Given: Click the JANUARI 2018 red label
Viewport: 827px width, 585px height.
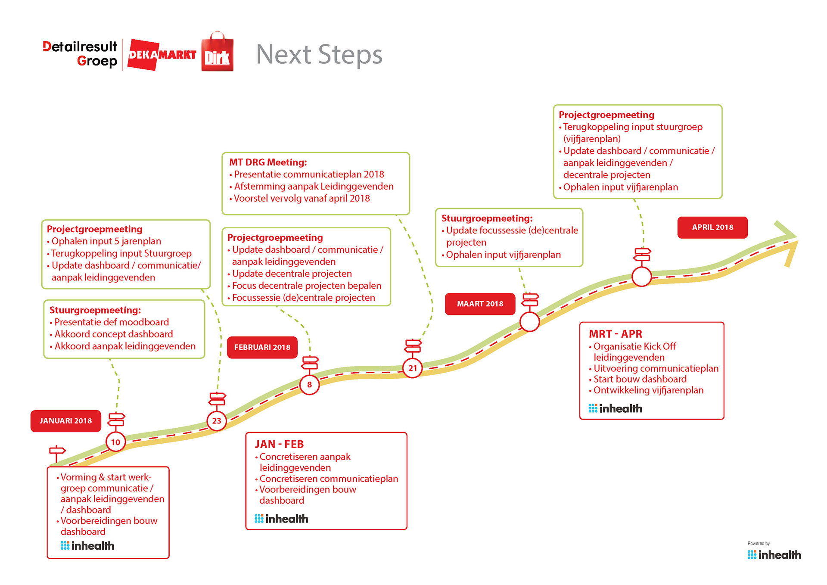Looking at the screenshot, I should click(x=65, y=421).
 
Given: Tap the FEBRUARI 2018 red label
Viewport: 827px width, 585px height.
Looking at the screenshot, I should click(x=262, y=347).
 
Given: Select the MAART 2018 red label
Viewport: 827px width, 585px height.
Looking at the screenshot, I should click(x=480, y=304).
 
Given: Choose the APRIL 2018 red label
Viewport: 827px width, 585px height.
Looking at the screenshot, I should click(x=712, y=227).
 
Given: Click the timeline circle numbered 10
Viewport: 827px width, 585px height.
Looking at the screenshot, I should click(x=115, y=442).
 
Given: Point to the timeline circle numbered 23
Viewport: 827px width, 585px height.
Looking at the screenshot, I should click(x=216, y=420).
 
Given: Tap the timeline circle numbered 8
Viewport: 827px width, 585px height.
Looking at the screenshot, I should click(x=309, y=385).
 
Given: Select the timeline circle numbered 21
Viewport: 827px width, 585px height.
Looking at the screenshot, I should click(x=412, y=368).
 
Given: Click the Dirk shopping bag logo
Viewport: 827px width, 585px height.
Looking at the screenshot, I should click(x=218, y=53).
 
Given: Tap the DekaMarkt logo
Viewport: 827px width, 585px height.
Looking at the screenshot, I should click(x=162, y=55).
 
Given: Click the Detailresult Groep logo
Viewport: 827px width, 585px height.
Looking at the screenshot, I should click(x=80, y=53).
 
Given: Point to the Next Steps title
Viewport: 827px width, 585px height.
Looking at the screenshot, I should click(x=319, y=55).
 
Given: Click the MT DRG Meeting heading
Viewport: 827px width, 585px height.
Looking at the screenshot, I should click(x=268, y=162).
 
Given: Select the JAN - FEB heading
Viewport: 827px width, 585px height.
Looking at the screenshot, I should click(x=279, y=444).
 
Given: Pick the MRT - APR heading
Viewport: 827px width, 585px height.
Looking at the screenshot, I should click(x=615, y=334).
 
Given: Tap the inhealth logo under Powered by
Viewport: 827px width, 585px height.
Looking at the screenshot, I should click(x=774, y=555).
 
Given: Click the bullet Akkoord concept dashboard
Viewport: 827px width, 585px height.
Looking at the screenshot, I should click(x=114, y=334).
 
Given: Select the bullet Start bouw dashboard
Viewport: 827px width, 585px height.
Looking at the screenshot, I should click(x=640, y=379).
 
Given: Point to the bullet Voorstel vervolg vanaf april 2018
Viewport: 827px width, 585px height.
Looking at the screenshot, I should click(x=302, y=199).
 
